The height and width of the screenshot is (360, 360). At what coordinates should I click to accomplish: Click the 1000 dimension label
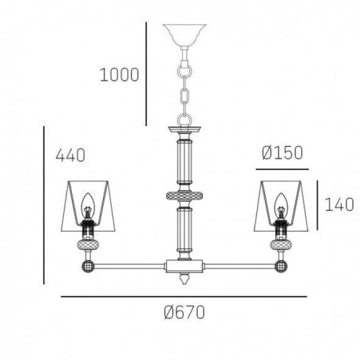[120, 75]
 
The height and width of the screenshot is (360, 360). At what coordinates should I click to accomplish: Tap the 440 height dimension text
[71, 155]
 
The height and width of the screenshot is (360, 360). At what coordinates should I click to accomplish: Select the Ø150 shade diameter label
[282, 153]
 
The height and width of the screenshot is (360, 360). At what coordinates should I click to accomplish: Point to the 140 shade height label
[339, 204]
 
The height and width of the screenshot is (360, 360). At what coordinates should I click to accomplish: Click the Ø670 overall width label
[184, 312]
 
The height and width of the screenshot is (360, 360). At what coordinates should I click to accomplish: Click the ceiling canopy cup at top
[184, 35]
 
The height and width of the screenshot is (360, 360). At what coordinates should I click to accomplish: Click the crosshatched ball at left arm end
[88, 266]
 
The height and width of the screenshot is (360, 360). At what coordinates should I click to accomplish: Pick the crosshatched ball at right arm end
[281, 266]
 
